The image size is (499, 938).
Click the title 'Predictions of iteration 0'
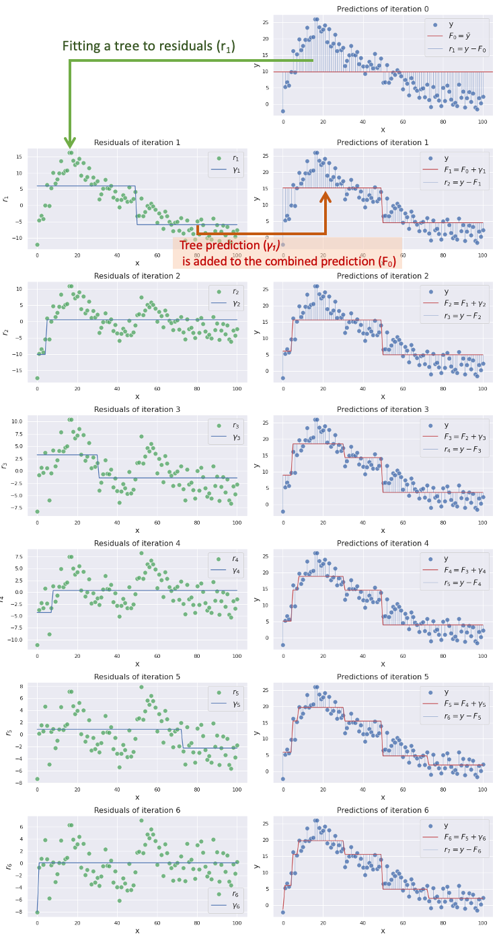pyautogui.click(x=383, y=9)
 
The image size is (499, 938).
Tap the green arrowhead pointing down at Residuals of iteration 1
pyautogui.click(x=70, y=142)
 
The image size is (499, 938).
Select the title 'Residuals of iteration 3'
pyautogui.click(x=137, y=409)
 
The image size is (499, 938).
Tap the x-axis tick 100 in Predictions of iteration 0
pyautogui.click(x=482, y=122)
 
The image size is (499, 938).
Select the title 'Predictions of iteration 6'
pyautogui.click(x=383, y=810)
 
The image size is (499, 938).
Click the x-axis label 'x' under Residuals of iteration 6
pyautogui.click(x=137, y=931)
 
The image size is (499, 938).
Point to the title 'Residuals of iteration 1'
pyautogui.click(x=137, y=142)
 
